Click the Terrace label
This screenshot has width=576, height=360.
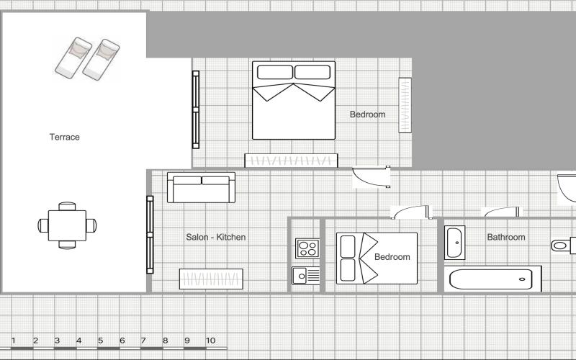coord(65,137)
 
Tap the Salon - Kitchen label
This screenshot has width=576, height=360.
coord(215,238)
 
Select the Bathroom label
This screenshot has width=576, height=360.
coord(506,238)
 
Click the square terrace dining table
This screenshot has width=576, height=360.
coord(67,225)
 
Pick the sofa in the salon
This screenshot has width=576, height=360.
coord(202,187)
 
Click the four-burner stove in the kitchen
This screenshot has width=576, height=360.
coord(307,248)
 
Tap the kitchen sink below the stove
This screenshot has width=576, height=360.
coord(306,276)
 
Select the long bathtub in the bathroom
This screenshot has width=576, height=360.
coord(492,279)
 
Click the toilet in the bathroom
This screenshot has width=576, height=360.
coord(563,246)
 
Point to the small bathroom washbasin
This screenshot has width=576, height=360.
coord(455,243)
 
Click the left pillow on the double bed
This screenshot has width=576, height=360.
coord(275,72)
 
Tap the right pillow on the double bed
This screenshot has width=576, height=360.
coord(312,72)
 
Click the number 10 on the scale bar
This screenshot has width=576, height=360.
coord(210,341)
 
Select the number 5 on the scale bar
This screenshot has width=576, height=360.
coord(100,341)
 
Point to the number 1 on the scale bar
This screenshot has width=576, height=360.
coord(13,341)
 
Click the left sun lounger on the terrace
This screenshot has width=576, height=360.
coord(73,58)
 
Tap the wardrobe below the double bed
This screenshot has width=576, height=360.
coord(291,161)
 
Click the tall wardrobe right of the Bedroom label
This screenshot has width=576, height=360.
coord(405,105)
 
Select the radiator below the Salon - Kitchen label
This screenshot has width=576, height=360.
coord(211,279)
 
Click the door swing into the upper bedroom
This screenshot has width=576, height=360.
coord(371,177)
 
